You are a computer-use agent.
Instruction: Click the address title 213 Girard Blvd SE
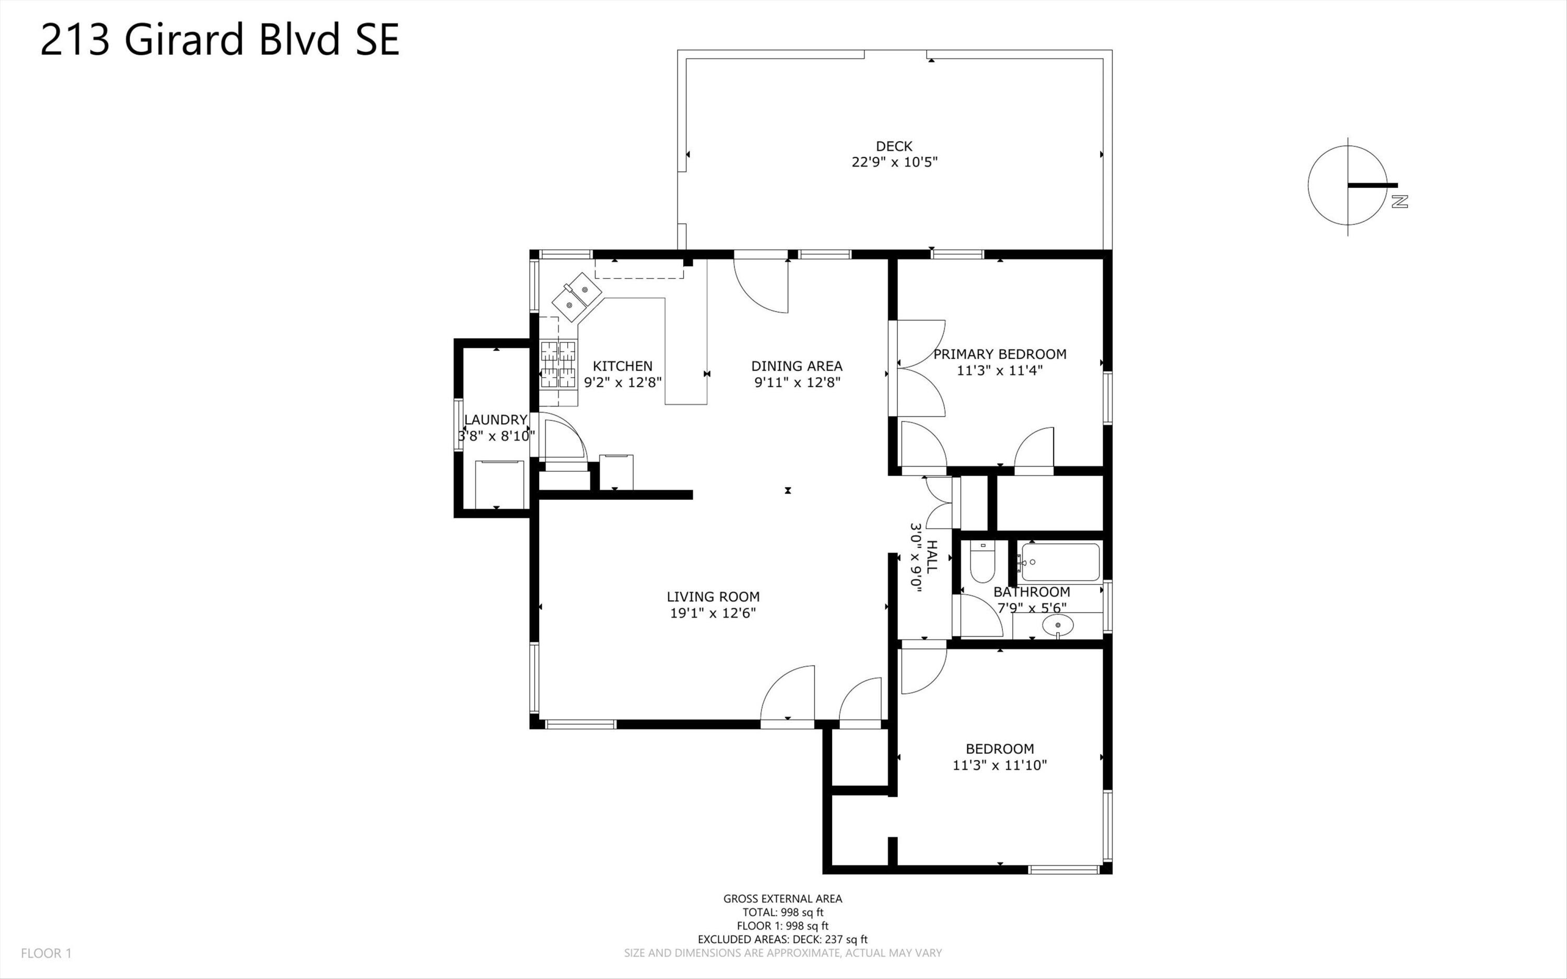click(x=220, y=40)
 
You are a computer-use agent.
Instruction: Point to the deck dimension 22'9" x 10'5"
click(x=895, y=162)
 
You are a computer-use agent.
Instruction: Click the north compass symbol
click(x=1353, y=187)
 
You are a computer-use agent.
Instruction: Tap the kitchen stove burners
click(x=558, y=365)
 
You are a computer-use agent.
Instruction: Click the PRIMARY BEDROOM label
click(x=1000, y=354)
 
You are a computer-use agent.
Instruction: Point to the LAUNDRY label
click(x=496, y=419)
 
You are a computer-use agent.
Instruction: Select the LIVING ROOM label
click(x=714, y=597)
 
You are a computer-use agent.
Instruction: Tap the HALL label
click(x=932, y=556)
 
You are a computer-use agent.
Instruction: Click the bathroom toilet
click(x=983, y=563)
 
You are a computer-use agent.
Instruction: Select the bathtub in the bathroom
click(x=1060, y=562)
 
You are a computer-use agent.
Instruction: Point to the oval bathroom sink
click(x=1058, y=625)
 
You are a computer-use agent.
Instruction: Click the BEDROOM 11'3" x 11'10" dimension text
click(x=1000, y=765)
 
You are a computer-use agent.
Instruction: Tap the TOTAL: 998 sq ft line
click(x=783, y=912)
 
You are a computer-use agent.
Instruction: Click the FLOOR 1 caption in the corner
click(x=46, y=953)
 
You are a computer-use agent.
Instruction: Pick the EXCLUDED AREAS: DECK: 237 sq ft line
click(x=782, y=939)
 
